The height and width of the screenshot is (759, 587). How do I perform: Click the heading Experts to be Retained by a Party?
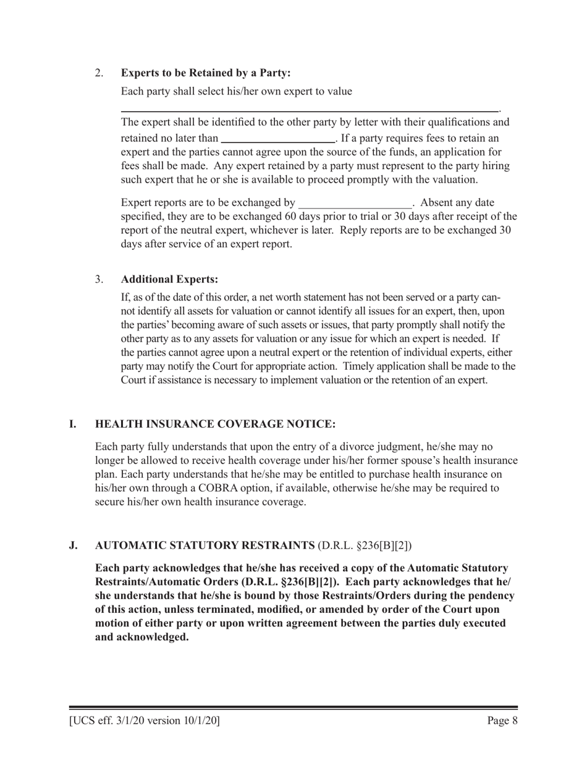(x=206, y=73)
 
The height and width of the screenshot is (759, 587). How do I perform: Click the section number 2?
(x=99, y=73)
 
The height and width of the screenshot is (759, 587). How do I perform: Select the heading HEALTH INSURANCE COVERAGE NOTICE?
(x=216, y=424)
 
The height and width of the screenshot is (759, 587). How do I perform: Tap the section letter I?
(x=72, y=424)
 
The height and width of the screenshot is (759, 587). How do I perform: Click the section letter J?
(x=73, y=545)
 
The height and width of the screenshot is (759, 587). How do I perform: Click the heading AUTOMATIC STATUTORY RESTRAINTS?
(x=205, y=545)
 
